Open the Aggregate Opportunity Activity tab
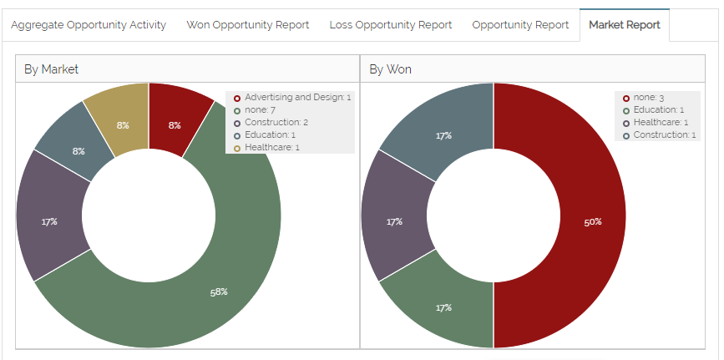pyautogui.click(x=89, y=25)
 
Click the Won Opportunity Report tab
pyautogui.click(x=248, y=25)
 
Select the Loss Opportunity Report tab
pyautogui.click(x=391, y=25)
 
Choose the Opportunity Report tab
pyautogui.click(x=520, y=25)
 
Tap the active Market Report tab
pyautogui.click(x=625, y=25)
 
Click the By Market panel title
pyautogui.click(x=51, y=69)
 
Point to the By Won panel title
pyautogui.click(x=390, y=69)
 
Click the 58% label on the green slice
pyautogui.click(x=218, y=292)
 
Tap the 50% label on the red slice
pyautogui.click(x=592, y=221)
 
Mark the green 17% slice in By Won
pyautogui.click(x=443, y=307)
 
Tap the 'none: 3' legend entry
pyautogui.click(x=648, y=98)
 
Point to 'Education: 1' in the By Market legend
pyautogui.click(x=270, y=135)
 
